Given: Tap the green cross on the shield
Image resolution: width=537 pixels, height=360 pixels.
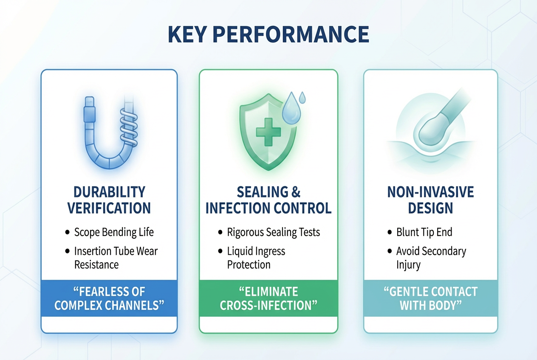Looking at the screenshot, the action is pyautogui.click(x=268, y=132).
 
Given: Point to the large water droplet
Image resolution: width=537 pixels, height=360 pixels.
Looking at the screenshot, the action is pyautogui.click(x=291, y=108).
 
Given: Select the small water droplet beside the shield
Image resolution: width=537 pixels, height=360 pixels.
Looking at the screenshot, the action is pyautogui.click(x=302, y=98).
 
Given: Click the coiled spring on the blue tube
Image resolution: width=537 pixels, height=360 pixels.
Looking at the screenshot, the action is pyautogui.click(x=129, y=127).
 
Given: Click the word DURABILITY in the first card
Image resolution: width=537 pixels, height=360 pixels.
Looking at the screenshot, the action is pyautogui.click(x=109, y=192).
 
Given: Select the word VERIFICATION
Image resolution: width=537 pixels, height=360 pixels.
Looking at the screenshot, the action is pyautogui.click(x=109, y=208).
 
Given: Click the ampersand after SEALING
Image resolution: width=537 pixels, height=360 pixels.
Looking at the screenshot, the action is pyautogui.click(x=296, y=192).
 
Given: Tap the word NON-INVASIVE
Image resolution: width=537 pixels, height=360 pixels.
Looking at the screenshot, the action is pyautogui.click(x=430, y=192).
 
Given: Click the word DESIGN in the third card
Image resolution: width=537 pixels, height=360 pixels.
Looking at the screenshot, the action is pyautogui.click(x=430, y=208).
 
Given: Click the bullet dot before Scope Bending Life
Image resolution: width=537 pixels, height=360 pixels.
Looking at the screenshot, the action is pyautogui.click(x=68, y=232).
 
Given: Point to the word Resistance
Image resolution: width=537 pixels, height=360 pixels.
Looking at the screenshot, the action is pyautogui.click(x=96, y=264).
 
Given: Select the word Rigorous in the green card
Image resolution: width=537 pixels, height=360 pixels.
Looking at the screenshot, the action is pyautogui.click(x=246, y=232).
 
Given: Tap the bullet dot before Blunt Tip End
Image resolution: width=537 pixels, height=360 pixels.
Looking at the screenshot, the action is pyautogui.click(x=390, y=232).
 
